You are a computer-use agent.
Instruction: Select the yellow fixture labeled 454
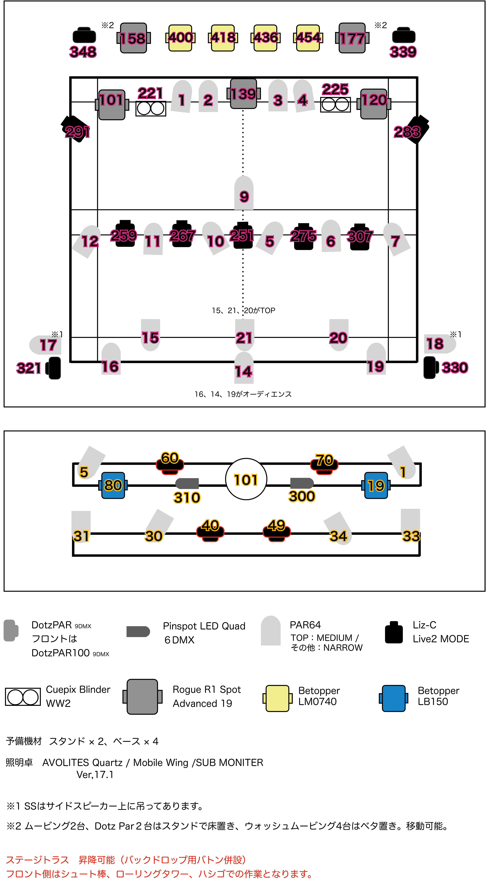308,38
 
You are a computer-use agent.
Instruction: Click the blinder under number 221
151,109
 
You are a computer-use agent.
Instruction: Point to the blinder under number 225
336,105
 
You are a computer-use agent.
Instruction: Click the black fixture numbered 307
360,237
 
